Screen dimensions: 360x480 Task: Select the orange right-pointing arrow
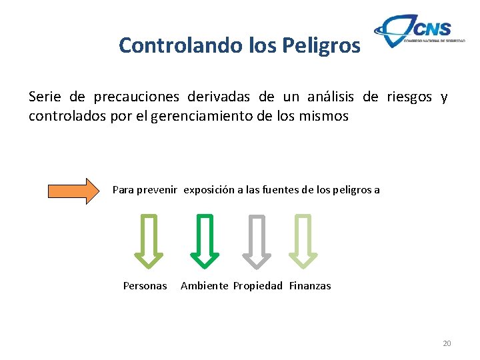coord(73,191)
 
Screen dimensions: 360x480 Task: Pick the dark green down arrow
coord(205,240)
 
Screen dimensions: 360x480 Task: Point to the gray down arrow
coord(256,240)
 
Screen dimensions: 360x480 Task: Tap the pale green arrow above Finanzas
coord(303,240)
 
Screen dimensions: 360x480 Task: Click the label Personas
coord(145,286)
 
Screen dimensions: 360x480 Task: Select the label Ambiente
coord(204,286)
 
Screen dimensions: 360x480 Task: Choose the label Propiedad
coord(258,286)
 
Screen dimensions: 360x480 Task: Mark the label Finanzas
coord(310,286)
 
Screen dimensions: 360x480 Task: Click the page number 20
coord(447,343)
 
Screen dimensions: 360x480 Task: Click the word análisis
coord(331,97)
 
